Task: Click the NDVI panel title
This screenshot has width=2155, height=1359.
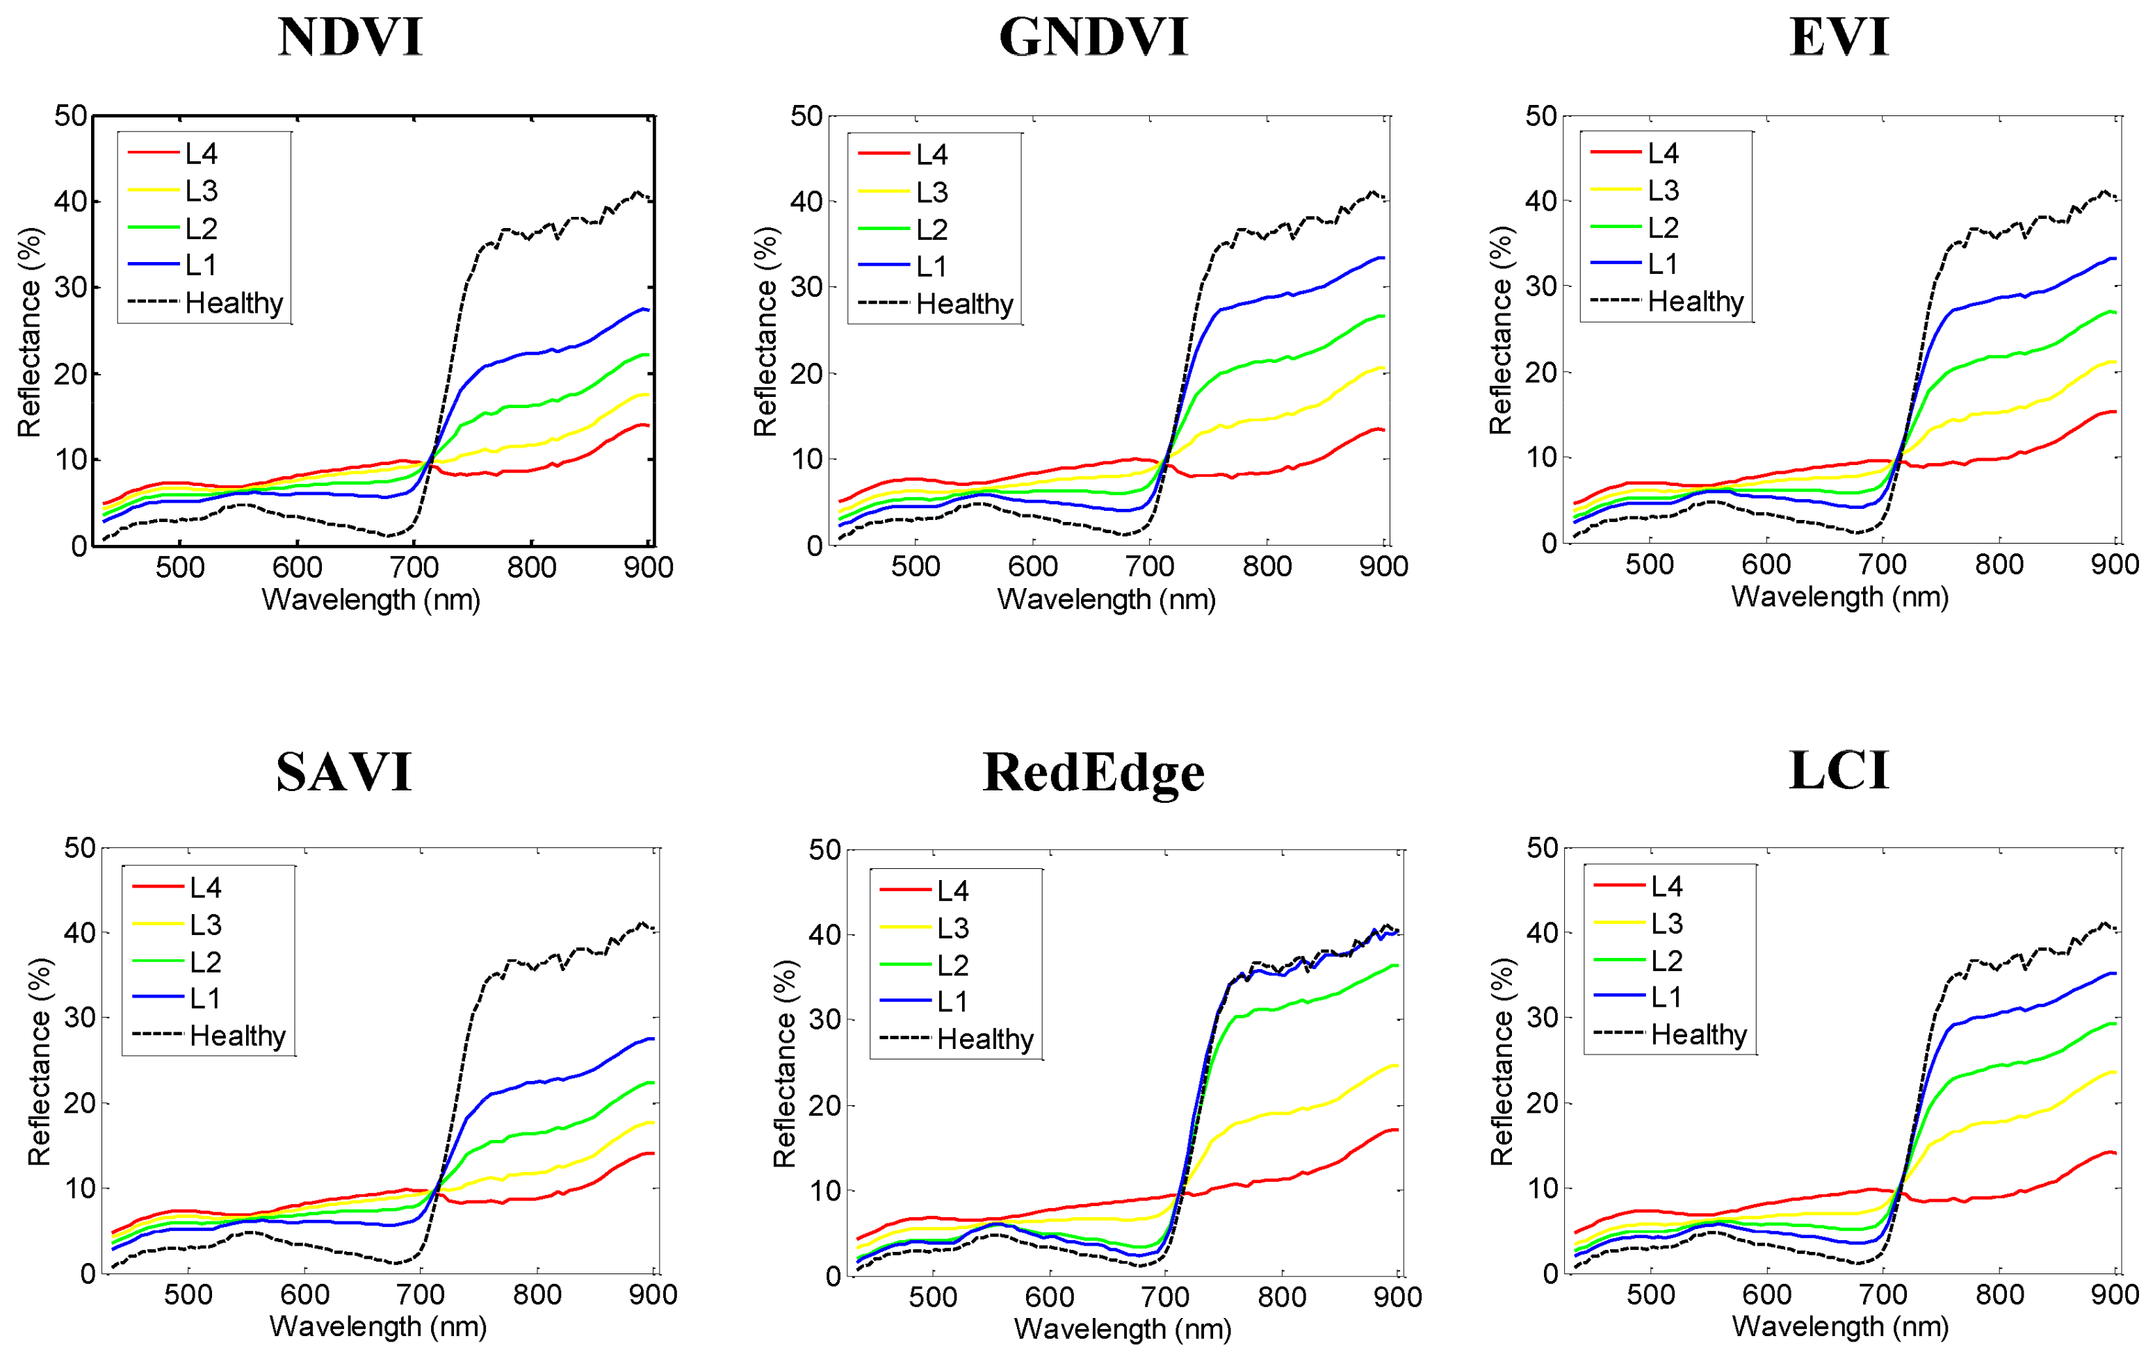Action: coord(350,38)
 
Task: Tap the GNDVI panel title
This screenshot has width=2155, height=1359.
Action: coord(1093,38)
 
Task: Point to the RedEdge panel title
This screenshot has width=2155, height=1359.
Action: coord(1093,772)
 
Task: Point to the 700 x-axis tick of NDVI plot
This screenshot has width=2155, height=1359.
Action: coord(414,567)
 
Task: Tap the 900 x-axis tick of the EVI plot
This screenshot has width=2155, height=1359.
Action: coord(2115,564)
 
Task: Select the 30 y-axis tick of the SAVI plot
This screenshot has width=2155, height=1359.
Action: coord(80,1017)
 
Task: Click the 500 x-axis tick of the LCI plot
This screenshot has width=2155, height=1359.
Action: coord(1650,1294)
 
